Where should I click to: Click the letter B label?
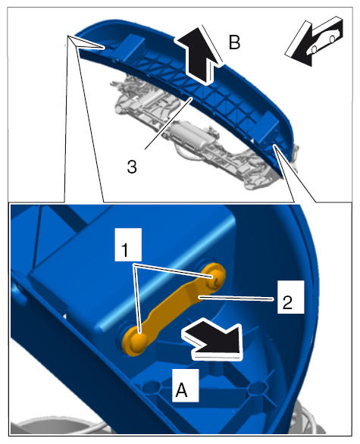[234, 43]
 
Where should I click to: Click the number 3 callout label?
[132, 167]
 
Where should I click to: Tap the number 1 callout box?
[128, 245]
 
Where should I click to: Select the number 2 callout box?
[290, 297]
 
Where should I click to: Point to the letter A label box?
[185, 385]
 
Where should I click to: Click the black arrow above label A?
[213, 339]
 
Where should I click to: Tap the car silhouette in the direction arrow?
[326, 39]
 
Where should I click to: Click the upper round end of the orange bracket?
[214, 276]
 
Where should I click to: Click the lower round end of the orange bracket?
[135, 339]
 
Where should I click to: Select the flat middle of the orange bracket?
[174, 309]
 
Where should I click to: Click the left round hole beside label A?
[152, 386]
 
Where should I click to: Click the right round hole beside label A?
[256, 388]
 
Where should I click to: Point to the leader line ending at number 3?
[169, 124]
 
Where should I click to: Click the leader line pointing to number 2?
[236, 298]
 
